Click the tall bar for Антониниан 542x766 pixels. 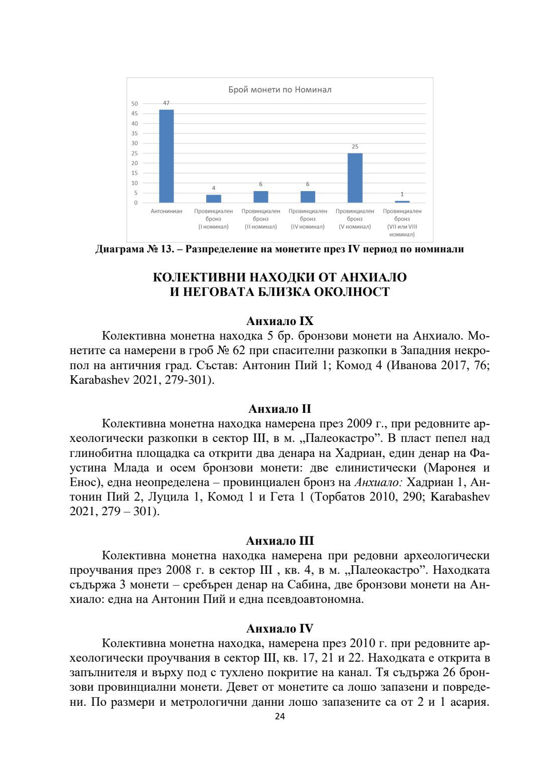tap(166, 156)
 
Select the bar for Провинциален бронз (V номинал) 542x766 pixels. tap(355, 178)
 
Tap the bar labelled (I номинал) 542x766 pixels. tap(213, 199)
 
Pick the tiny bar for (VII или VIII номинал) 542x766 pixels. tap(402, 201)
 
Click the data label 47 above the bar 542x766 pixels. tap(166, 103)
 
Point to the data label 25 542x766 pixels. tap(355, 146)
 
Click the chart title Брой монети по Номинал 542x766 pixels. tap(280, 90)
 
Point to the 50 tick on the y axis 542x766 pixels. tap(134, 104)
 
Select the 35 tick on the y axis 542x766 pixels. tap(134, 133)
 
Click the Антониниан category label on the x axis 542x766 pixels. tap(166, 211)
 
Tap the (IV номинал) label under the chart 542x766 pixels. tap(308, 227)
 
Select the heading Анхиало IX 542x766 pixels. tap(280, 321)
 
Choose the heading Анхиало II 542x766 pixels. tap(280, 409)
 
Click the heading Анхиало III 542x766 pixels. tap(280, 541)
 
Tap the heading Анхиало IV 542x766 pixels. tap(280, 629)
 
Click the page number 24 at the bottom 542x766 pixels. tap(280, 716)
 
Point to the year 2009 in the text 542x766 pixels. tap(359, 424)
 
